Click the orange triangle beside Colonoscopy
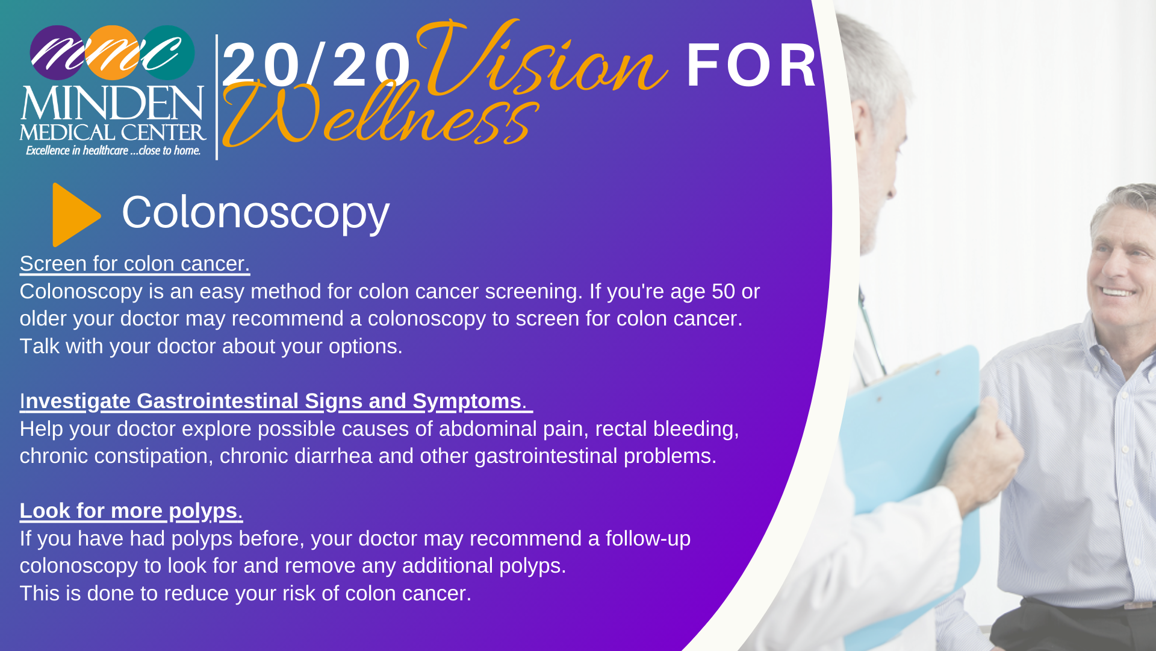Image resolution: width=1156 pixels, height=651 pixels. pos(74,215)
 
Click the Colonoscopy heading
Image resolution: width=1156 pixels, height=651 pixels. pos(256,213)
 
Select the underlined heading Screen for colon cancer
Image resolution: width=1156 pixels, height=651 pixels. pos(135,263)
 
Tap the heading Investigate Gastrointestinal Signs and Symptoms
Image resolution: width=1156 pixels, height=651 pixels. pos(276,401)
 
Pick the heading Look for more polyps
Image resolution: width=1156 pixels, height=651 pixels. pos(131,511)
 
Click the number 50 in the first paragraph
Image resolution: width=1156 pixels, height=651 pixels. pos(723,291)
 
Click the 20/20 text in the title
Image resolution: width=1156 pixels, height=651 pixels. pos(317,65)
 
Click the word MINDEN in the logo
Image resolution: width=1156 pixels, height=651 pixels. pos(113,104)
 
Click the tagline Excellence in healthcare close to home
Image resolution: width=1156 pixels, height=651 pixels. pos(113,150)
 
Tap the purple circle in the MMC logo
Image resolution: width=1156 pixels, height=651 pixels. pos(57,52)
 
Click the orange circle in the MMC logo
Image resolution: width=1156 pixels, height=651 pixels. pos(113,52)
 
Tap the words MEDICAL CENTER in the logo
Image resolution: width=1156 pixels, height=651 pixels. pos(113,133)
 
